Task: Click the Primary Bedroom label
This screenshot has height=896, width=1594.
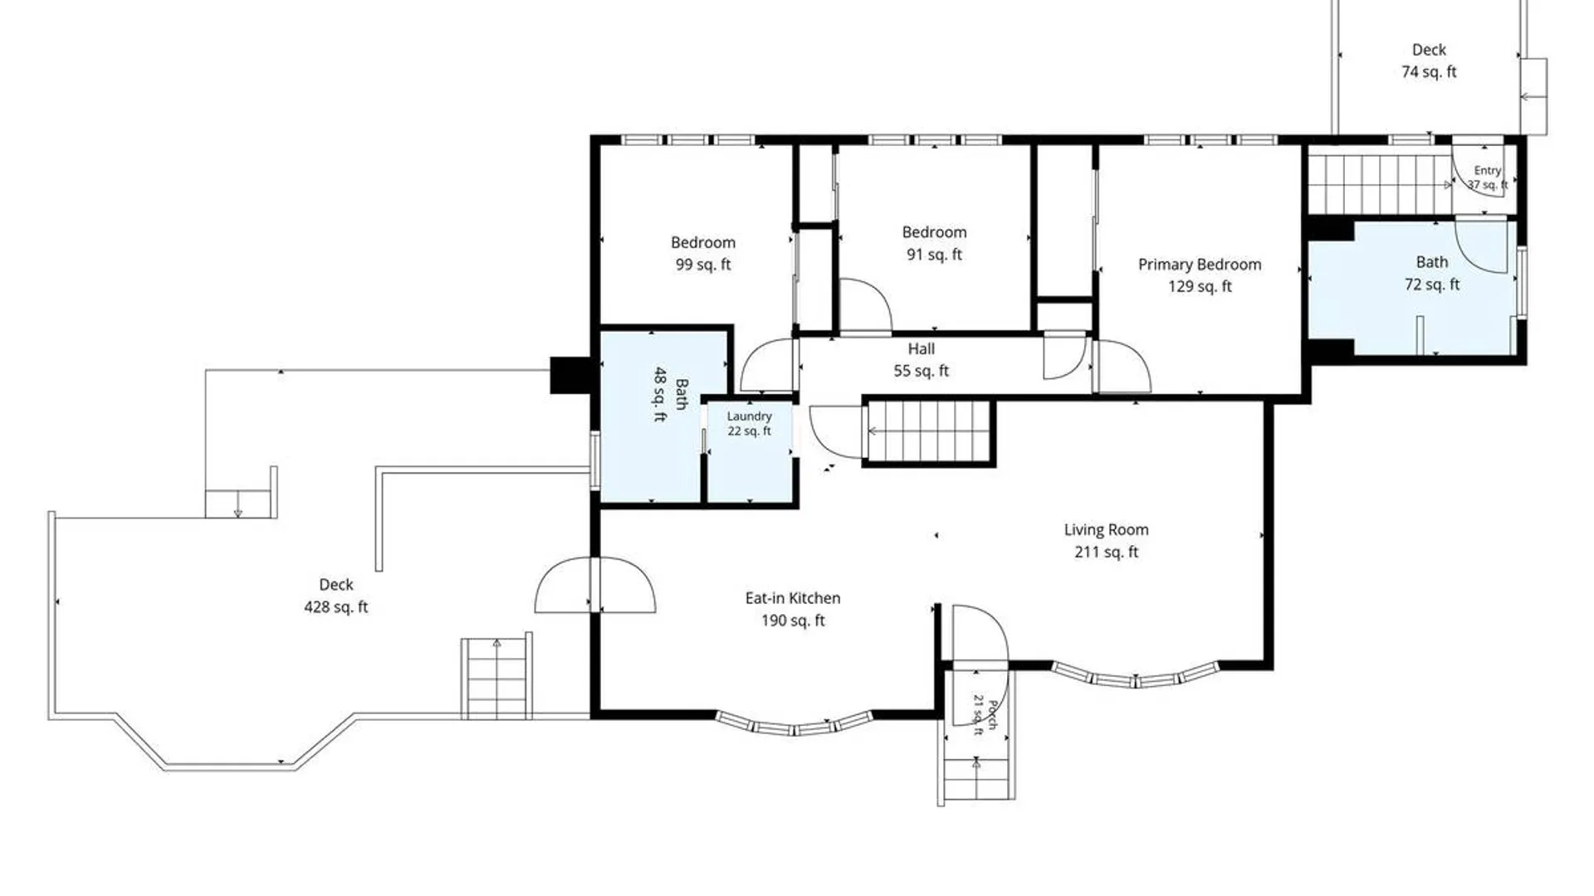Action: [1200, 265]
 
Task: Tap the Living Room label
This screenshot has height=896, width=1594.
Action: [1107, 529]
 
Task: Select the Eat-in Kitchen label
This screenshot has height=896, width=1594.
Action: [793, 598]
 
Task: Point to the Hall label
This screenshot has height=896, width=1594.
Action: [921, 349]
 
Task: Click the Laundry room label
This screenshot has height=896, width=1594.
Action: [750, 416]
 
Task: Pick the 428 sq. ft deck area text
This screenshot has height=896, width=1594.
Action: [336, 606]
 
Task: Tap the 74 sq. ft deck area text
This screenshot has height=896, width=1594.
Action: [1429, 72]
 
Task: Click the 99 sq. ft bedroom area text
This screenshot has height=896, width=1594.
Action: [703, 265]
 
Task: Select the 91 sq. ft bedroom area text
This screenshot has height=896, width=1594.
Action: [934, 255]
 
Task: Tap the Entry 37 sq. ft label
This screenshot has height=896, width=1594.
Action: [1488, 178]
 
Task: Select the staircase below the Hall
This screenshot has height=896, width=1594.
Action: [929, 431]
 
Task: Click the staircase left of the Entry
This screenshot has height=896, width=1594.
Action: [1380, 183]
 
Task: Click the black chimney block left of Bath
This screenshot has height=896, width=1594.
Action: [570, 375]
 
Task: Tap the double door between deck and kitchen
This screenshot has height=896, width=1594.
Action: [595, 585]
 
